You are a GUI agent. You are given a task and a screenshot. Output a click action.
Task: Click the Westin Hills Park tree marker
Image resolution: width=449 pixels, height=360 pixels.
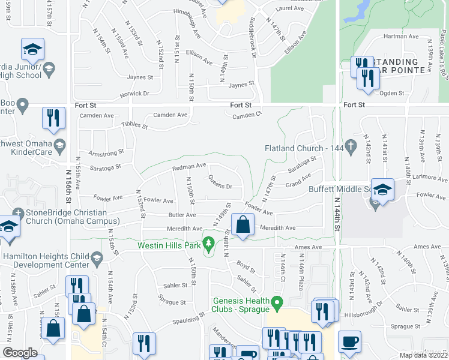pyautogui.click(x=208, y=244)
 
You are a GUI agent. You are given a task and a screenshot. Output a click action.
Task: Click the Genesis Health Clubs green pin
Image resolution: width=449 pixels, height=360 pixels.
pyautogui.click(x=277, y=302)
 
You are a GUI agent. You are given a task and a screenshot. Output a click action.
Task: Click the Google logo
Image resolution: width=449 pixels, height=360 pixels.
pyautogui.click(x=20, y=353)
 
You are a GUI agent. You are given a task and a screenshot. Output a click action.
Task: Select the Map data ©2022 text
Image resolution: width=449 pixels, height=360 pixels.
pyautogui.click(x=423, y=355)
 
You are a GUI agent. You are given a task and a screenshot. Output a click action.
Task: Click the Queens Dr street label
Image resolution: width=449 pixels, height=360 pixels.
pyautogui.click(x=220, y=182)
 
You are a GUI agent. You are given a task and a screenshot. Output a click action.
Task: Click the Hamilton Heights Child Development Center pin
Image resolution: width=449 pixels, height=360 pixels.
pyautogui.click(x=97, y=257)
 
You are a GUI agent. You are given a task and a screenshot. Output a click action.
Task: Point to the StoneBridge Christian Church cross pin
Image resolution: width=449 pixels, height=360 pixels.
pyautogui.click(x=19, y=213)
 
